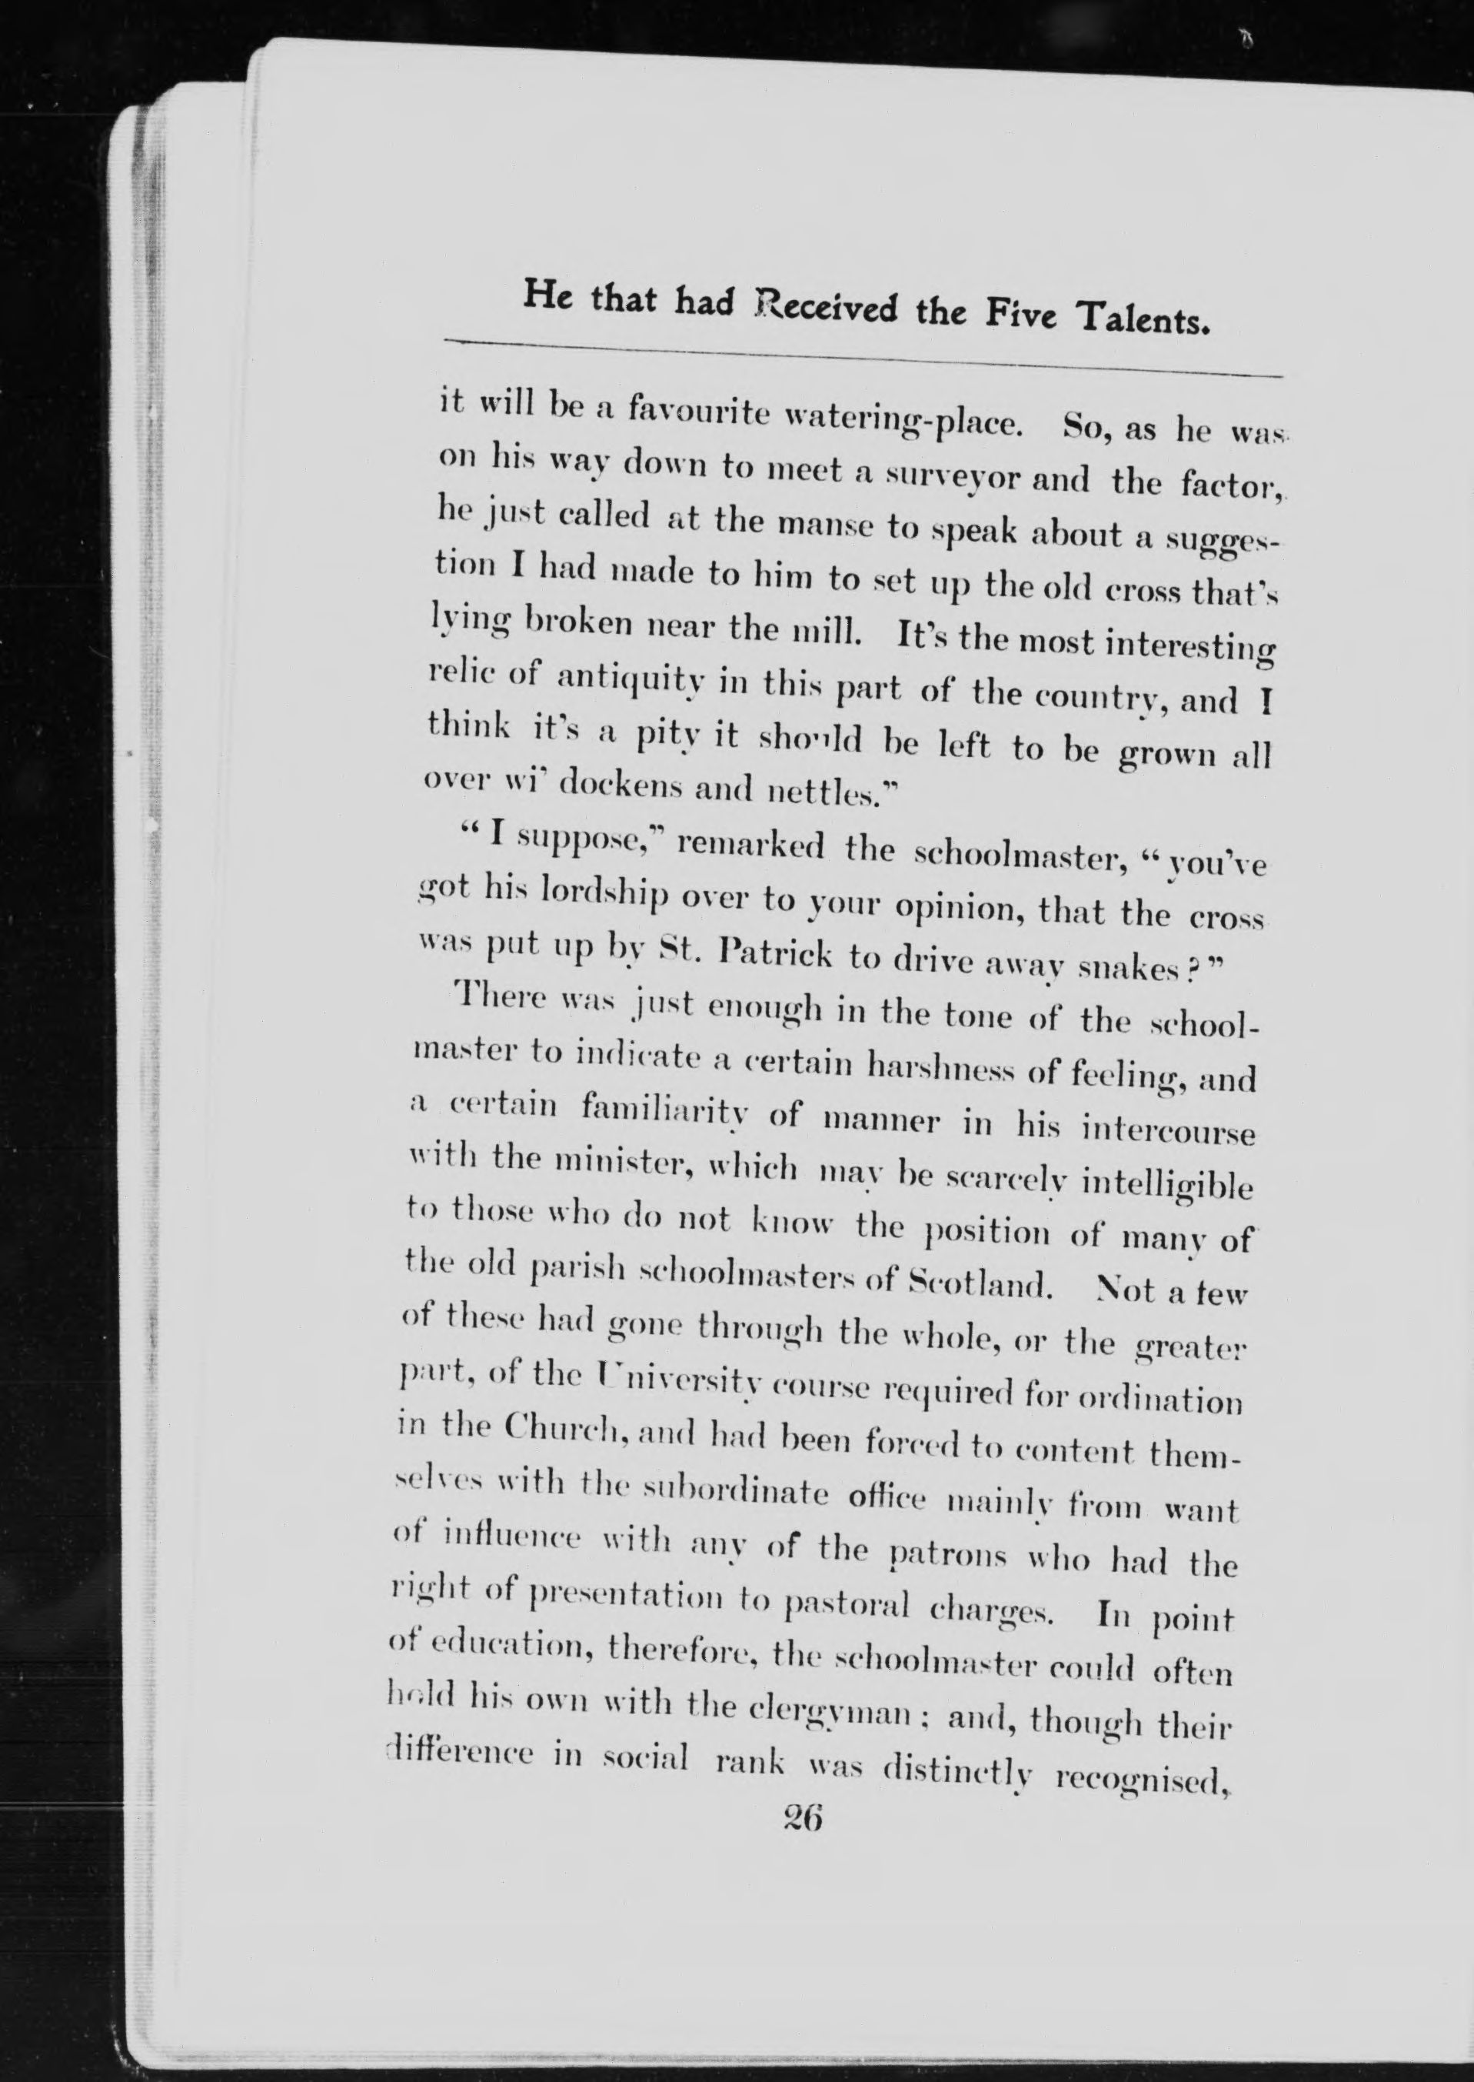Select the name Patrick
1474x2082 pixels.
coord(776,956)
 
